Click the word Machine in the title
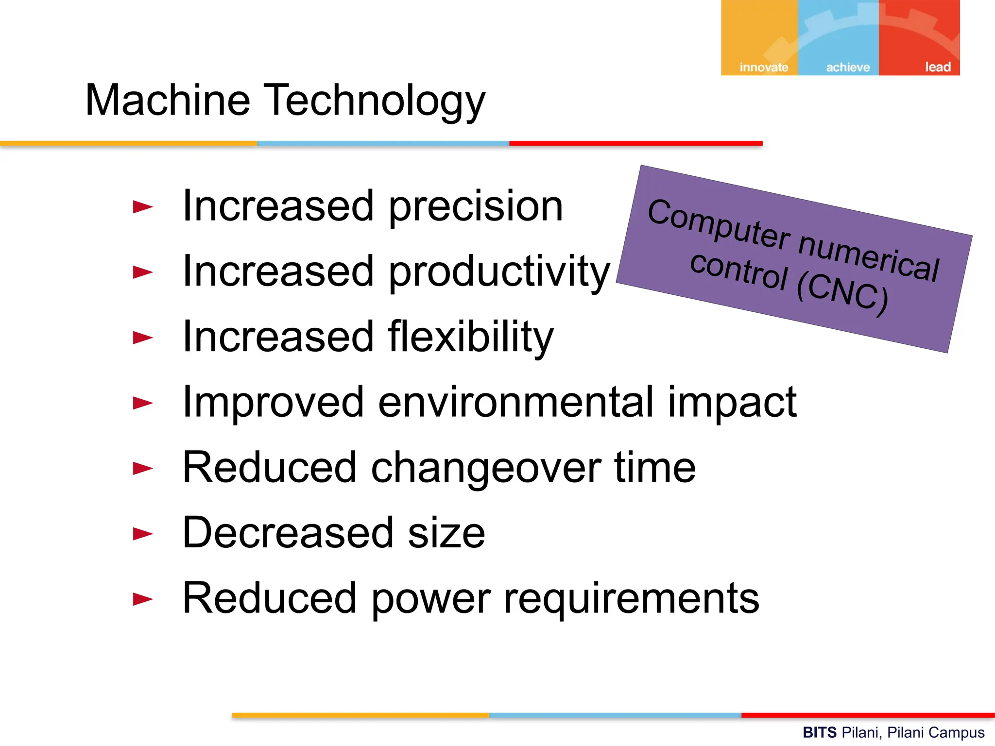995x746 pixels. tap(168, 100)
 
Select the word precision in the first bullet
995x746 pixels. tap(476, 207)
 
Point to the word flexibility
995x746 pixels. tap(470, 337)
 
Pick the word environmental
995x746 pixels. tap(515, 402)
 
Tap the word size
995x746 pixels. tap(446, 533)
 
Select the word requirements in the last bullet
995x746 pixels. tap(631, 598)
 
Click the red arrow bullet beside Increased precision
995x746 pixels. tap(143, 207)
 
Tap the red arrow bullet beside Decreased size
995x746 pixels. tap(143, 534)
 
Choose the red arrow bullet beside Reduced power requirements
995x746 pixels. tap(143, 599)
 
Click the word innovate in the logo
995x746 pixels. tap(764, 67)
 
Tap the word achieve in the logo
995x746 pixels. tap(848, 67)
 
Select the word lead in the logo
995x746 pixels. tap(938, 67)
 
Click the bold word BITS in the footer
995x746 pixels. tap(819, 732)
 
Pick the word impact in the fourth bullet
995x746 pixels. tap(732, 402)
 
